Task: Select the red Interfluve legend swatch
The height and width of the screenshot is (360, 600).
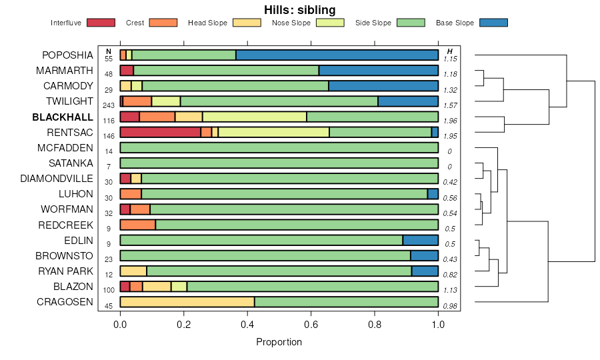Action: point(101,23)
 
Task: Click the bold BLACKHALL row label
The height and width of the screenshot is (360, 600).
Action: point(63,117)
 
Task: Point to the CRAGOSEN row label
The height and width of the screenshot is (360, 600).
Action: point(65,302)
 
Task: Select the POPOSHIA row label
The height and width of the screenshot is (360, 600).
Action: point(67,55)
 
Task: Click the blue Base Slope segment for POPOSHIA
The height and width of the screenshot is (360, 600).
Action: point(337,55)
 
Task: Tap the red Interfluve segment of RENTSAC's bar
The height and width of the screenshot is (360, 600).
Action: point(160,132)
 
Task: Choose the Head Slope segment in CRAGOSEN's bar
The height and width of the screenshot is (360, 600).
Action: point(187,302)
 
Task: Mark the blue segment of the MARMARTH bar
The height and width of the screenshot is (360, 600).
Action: point(378,71)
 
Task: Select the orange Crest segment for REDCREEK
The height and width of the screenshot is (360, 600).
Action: point(137,225)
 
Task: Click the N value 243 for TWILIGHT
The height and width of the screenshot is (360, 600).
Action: point(109,105)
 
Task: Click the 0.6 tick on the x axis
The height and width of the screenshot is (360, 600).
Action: point(311,325)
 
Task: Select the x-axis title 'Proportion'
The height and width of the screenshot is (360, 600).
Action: point(279,342)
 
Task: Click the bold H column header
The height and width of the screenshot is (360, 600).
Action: point(450,51)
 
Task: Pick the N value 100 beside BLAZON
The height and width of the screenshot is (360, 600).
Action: point(109,290)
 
